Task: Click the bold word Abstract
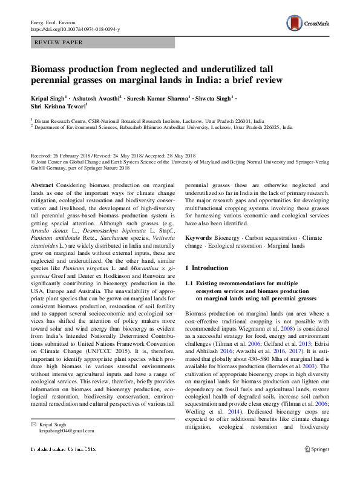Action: (42, 184)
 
